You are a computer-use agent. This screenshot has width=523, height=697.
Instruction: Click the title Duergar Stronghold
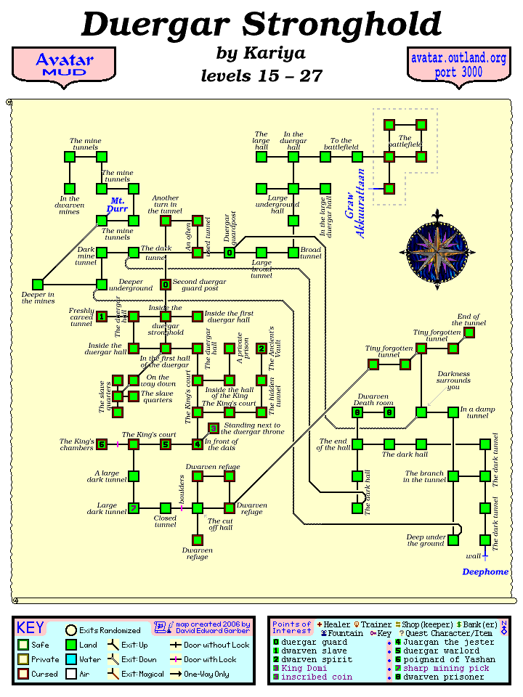point(261,25)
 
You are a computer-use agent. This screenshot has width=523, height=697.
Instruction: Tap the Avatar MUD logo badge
point(64,65)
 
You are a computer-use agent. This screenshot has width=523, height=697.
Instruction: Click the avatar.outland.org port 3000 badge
point(458,65)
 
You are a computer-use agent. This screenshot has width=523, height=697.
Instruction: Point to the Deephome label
point(485,571)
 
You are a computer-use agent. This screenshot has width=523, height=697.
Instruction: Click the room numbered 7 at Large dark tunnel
point(134,508)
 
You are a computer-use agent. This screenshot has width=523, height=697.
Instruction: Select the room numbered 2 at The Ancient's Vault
point(261,348)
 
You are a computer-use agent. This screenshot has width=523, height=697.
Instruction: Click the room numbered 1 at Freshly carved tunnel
point(102,317)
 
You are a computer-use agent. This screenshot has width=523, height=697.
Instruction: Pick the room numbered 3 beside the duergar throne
point(214,428)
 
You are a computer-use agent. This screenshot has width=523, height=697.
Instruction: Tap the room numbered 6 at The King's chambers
point(102,444)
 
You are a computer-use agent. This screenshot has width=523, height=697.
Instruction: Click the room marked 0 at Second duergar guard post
point(166,285)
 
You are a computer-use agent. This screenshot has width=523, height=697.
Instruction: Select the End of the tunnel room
point(469,333)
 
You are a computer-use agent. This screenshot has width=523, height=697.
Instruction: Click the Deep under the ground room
point(453,540)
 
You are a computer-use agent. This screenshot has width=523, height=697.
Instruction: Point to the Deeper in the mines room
point(38,285)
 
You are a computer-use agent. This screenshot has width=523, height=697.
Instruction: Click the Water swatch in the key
point(71,659)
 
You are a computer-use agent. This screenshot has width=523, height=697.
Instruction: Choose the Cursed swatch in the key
point(23,674)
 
